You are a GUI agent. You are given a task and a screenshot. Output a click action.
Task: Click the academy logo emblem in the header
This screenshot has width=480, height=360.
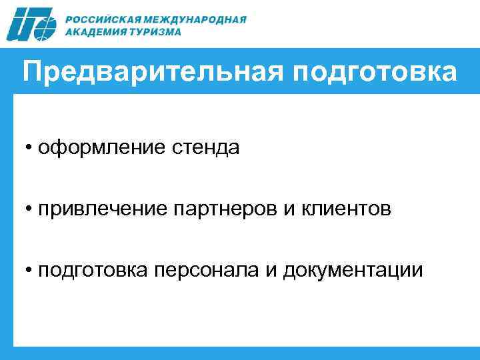click(31, 25)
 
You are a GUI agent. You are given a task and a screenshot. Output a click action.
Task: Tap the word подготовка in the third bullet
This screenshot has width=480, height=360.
click(95, 271)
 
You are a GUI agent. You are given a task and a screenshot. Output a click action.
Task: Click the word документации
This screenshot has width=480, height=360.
click(353, 271)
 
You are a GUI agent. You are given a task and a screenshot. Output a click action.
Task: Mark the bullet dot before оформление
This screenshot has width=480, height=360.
click(31, 148)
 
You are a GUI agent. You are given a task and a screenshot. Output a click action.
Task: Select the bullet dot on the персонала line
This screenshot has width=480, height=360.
click(31, 271)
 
